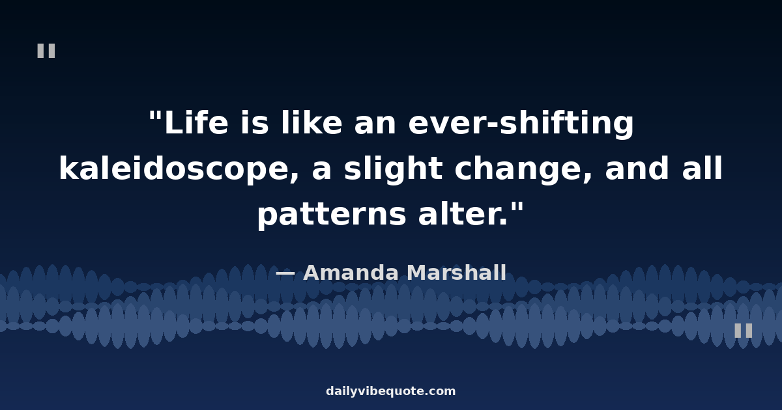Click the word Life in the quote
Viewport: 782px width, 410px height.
pyautogui.click(x=196, y=122)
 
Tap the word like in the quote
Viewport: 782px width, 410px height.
pyautogui.click(x=311, y=122)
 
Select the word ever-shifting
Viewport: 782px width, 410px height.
pyautogui.click(x=521, y=124)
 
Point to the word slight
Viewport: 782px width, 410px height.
pyautogui.click(x=393, y=170)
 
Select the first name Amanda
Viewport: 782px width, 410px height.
pyautogui.click(x=351, y=272)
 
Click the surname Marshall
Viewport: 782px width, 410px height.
pyautogui.click(x=457, y=272)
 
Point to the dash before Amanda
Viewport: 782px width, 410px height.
pyautogui.click(x=285, y=274)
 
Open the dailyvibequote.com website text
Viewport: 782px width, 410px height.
pyautogui.click(x=390, y=391)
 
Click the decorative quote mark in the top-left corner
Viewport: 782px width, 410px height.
pyautogui.click(x=46, y=51)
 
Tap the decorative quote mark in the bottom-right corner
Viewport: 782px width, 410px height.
pyautogui.click(x=744, y=331)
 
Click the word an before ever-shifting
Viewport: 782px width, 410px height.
pyautogui.click(x=375, y=125)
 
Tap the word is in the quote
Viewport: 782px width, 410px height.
pyautogui.click(x=255, y=122)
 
